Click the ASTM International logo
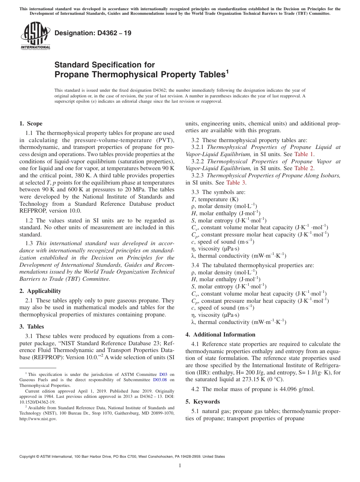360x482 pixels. [35, 35]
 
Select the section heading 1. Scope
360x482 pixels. [31, 124]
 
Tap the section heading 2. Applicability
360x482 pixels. [40, 291]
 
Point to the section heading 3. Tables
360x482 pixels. [32, 326]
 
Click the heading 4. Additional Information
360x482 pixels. [220, 334]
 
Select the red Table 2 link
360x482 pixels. [304, 168]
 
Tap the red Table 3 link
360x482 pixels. [236, 182]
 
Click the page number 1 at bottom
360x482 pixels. [180, 465]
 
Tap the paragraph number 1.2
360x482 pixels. [29, 220]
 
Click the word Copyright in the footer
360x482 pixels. [28, 457]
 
